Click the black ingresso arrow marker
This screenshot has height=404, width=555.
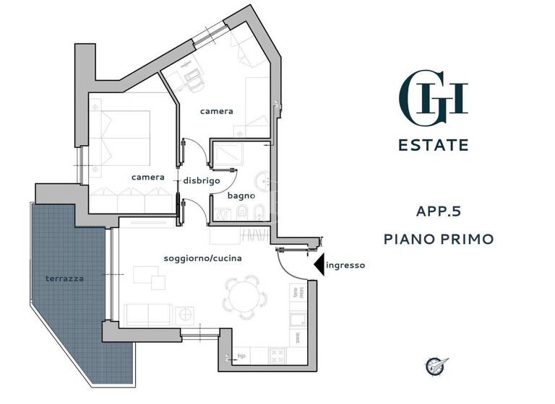[318, 265]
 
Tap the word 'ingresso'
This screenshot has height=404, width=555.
[345, 265]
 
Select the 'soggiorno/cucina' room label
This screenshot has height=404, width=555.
[202, 258]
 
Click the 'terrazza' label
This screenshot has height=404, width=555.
[64, 278]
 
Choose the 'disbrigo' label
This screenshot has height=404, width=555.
[201, 180]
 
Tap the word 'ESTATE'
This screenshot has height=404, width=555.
[434, 145]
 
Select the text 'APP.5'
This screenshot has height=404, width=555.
[439, 212]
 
